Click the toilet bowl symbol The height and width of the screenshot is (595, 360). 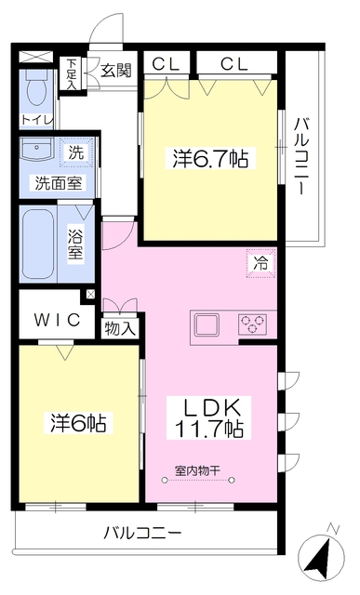point(37,89)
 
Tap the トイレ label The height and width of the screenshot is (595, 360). point(36,120)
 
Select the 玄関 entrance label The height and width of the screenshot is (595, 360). point(116,70)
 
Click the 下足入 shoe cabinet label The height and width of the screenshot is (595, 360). point(72,73)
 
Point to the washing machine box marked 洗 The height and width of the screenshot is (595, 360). point(76,152)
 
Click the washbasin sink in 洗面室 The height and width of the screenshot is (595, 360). point(37,150)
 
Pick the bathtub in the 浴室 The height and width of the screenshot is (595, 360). point(37,244)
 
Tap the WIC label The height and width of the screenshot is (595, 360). point(58,319)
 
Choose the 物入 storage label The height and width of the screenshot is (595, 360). point(120,328)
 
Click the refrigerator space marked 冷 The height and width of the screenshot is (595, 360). point(260,263)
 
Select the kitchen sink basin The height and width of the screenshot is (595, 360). point(207,324)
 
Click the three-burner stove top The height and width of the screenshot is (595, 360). point(252,324)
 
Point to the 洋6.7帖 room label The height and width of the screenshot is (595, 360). point(211,159)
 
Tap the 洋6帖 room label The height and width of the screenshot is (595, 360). point(79,423)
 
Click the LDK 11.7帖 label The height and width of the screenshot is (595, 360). point(209,417)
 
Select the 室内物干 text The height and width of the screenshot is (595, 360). point(197,471)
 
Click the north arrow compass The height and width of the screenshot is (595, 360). point(322,556)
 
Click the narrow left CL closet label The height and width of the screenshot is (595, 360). point(166,64)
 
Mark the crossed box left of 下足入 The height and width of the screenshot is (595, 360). point(36,57)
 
